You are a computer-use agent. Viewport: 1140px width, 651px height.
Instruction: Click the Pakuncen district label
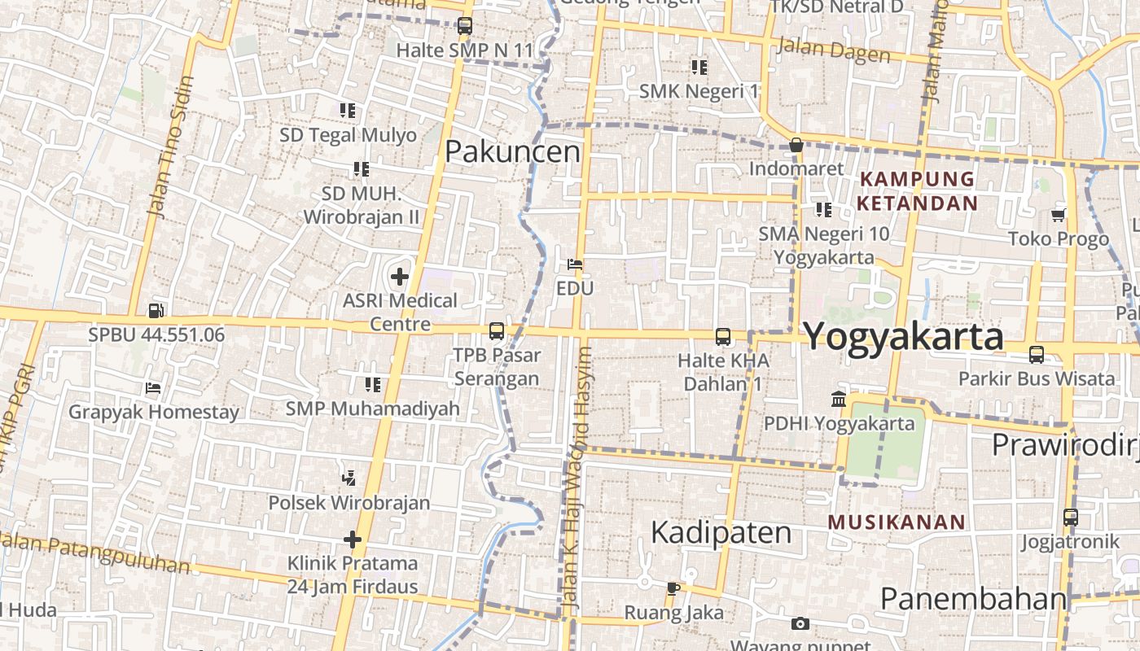coord(513,151)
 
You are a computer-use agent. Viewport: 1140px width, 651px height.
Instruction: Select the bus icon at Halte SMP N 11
coord(464,26)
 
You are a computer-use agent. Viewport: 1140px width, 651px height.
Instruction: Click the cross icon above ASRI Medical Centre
coord(400,277)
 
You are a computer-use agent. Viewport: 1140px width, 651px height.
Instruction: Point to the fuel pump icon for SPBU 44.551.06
coord(156,311)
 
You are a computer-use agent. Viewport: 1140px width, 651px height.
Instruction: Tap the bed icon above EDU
coord(575,264)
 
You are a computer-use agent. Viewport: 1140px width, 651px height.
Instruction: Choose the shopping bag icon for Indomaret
coord(796,146)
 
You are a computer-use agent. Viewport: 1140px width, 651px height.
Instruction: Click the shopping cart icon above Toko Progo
coord(1058,215)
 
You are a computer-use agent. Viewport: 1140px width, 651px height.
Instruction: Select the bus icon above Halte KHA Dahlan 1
coord(722,336)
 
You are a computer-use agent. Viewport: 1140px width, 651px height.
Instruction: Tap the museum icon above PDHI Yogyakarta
coord(839,400)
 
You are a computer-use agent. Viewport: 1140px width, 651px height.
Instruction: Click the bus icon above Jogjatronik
coord(1070,517)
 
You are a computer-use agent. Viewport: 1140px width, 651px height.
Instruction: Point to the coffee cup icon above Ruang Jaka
coord(673,588)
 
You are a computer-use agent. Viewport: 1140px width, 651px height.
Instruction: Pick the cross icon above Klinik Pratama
coord(352,540)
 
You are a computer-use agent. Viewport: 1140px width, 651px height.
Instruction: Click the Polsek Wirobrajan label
coord(349,502)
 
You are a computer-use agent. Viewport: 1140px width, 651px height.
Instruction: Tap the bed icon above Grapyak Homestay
coord(152,388)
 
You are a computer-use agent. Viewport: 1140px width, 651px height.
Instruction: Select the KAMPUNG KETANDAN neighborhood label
coord(917,190)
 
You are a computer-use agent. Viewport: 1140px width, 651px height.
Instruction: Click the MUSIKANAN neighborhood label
coord(897,522)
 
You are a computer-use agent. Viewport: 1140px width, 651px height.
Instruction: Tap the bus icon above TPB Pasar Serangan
coord(496,331)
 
